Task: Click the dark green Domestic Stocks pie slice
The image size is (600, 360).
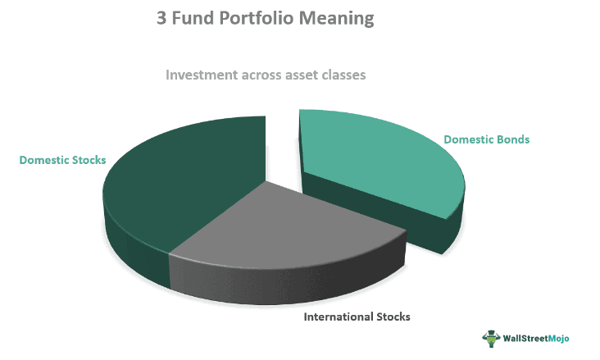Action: pos(180,180)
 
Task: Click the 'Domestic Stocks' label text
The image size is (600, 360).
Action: pos(63,160)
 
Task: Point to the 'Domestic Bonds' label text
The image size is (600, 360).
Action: pos(487,139)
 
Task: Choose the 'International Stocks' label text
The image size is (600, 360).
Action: pos(357,317)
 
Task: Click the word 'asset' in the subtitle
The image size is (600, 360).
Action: pos(301,75)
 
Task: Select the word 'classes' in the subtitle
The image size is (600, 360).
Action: pos(344,75)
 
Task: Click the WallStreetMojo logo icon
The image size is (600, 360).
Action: pos(490,338)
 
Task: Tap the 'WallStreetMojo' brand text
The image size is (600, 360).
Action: pos(539,338)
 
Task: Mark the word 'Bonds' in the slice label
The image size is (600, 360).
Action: pos(512,139)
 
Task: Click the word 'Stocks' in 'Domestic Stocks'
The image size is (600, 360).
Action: pos(89,160)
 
